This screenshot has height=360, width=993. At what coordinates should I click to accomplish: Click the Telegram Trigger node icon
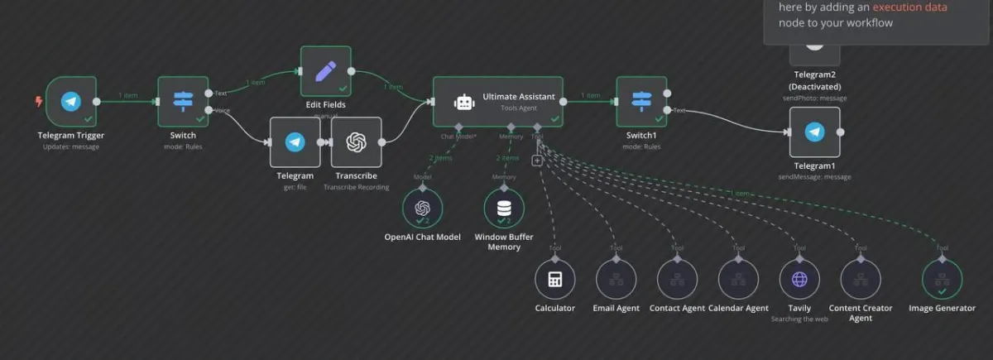click(x=71, y=102)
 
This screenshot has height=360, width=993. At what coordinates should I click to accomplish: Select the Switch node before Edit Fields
click(x=183, y=102)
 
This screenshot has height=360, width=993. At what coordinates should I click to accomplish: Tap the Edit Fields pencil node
click(x=325, y=71)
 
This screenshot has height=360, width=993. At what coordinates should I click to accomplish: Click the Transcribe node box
click(x=356, y=142)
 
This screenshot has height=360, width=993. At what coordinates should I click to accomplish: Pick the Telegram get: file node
click(x=295, y=142)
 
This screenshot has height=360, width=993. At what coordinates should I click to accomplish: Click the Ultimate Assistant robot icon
click(x=464, y=102)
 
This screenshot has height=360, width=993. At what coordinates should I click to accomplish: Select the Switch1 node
click(x=641, y=102)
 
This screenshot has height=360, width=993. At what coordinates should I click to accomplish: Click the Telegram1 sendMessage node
click(x=814, y=132)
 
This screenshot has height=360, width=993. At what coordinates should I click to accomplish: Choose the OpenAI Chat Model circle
click(x=422, y=208)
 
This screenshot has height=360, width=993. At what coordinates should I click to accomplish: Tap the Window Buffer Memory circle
click(x=504, y=208)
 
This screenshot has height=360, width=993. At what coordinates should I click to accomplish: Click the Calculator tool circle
click(x=554, y=279)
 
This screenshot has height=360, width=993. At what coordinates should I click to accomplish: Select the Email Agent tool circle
click(x=616, y=279)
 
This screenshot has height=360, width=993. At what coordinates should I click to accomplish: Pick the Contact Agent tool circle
click(x=677, y=279)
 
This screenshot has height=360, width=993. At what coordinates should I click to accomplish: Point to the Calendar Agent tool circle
click(x=738, y=279)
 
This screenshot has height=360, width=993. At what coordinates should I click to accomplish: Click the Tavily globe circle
click(x=799, y=279)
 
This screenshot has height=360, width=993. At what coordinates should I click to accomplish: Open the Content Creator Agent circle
click(x=861, y=279)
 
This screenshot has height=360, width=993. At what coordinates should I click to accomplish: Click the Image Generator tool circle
click(x=942, y=279)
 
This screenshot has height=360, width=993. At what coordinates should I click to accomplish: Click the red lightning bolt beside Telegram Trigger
click(x=38, y=102)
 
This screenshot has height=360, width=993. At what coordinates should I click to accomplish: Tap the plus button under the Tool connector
click(x=537, y=160)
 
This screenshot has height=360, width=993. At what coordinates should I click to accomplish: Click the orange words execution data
click(x=909, y=7)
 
